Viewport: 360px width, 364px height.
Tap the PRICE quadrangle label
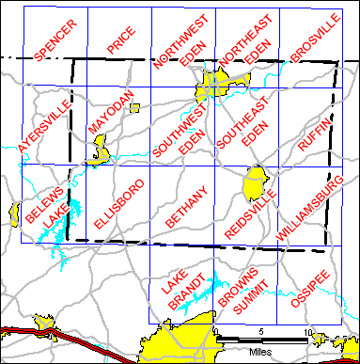pos(120,44)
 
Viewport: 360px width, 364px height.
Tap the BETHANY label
pos(185,204)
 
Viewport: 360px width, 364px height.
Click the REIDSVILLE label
pos(249,212)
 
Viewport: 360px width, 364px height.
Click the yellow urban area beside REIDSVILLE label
pos(255,182)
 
